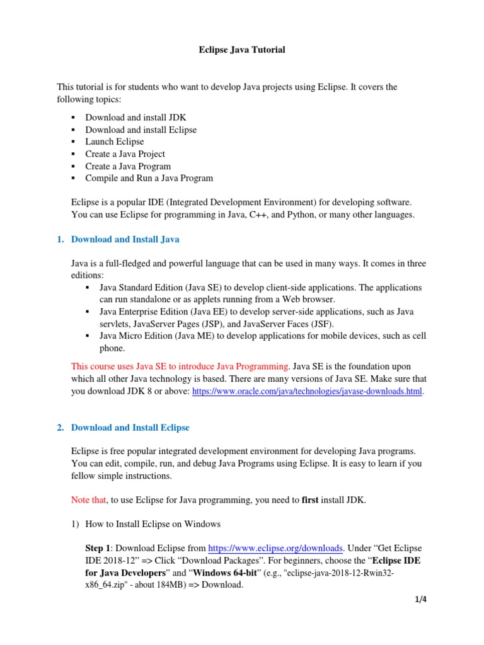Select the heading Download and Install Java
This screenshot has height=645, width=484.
tap(125, 239)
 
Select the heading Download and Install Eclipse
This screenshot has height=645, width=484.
tap(130, 428)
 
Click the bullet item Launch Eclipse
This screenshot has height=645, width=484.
tap(115, 142)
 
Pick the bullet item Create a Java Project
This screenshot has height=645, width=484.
tap(125, 154)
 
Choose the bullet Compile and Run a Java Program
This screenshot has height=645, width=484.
tap(149, 178)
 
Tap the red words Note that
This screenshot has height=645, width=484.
tap(89, 501)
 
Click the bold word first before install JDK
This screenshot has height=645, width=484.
tap(310, 501)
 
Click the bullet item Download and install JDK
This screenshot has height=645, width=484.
tap(135, 117)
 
